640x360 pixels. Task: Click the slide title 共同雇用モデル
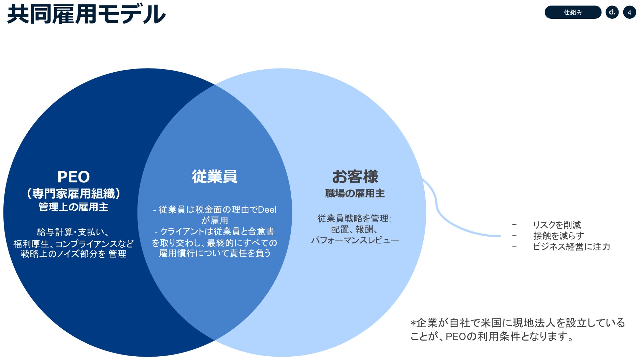86,15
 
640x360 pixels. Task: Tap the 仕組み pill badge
573,13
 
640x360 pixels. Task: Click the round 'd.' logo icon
612,13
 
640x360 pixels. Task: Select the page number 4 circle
629,13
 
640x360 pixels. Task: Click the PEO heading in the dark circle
73,177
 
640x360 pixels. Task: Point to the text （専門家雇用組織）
73,194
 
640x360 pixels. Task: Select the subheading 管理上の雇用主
73,207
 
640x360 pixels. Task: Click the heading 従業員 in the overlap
214,177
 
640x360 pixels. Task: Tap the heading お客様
355,177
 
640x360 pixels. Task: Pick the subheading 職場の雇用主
355,193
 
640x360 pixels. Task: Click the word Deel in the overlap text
267,210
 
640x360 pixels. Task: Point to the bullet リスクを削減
557,225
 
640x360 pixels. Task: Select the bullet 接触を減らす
558,236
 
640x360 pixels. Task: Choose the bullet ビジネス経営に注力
571,246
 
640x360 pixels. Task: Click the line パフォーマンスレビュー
355,240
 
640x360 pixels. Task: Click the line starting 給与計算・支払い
73,232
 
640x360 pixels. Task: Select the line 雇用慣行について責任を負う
215,253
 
